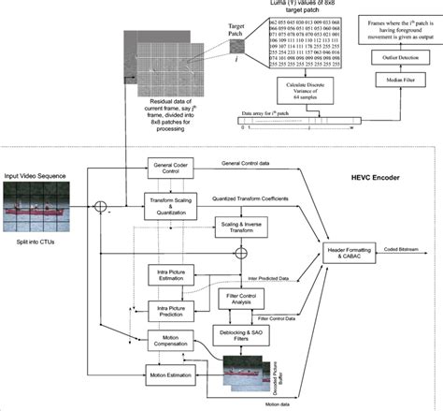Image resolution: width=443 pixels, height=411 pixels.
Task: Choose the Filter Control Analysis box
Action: pyautogui.click(x=242, y=299)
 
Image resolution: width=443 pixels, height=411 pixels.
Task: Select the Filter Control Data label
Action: pyautogui.click(x=308, y=317)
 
